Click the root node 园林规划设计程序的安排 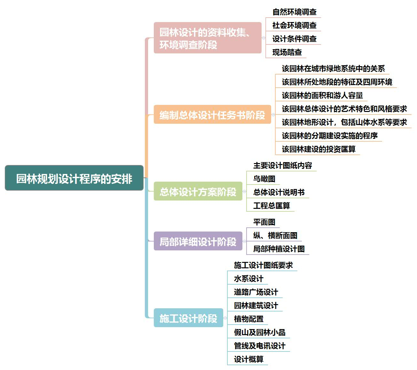(x=74, y=178)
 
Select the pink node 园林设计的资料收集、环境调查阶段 (x=207, y=38)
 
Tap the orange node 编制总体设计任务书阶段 (x=212, y=115)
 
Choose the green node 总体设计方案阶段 (x=198, y=192)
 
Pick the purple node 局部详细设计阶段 (x=198, y=241)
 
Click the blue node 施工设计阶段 (x=188, y=318)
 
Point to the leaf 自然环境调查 (x=294, y=12)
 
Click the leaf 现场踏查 (x=287, y=52)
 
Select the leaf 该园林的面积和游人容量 (x=322, y=95)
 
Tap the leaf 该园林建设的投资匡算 (x=319, y=149)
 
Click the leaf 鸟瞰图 (x=264, y=179)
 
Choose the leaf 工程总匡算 (x=271, y=206)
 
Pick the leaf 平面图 (x=264, y=222)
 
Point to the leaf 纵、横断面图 (x=275, y=235)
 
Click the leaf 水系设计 (x=248, y=279)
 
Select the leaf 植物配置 (x=248, y=319)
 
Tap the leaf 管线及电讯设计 (x=259, y=346)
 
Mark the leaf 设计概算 (x=248, y=359)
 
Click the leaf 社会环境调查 (x=294, y=25)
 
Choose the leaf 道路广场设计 (x=256, y=292)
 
